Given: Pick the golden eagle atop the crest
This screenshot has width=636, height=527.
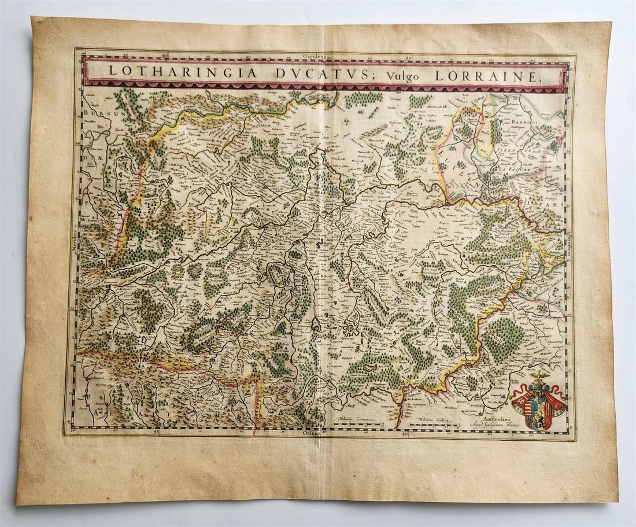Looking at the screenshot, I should [x=539, y=378].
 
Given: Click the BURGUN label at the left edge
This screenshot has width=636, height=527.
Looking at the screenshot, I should [x=94, y=113].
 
